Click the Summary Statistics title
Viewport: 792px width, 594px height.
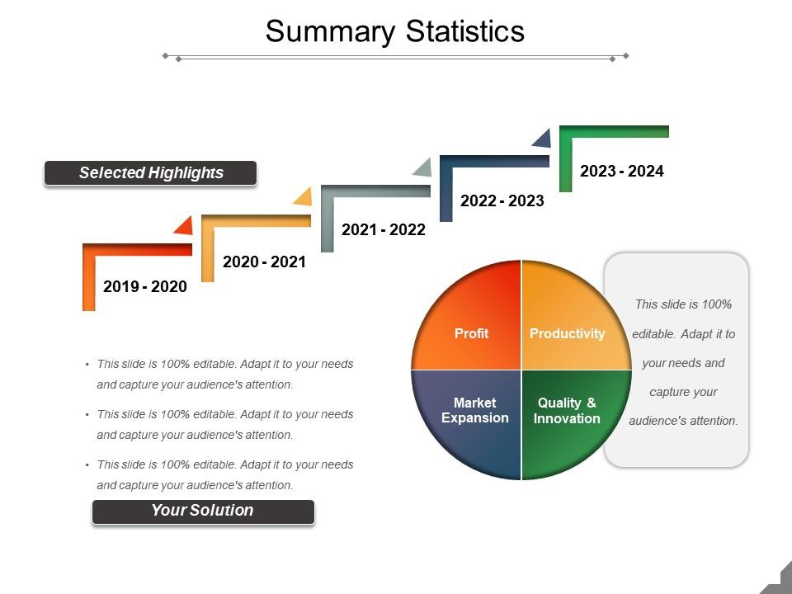coord(395,31)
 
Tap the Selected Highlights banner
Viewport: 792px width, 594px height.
coord(150,172)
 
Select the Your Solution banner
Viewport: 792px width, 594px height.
coord(203,511)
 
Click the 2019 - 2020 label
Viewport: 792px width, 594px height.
coord(145,286)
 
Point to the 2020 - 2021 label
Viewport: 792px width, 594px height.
coord(264,262)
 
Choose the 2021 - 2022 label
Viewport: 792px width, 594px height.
coord(384,230)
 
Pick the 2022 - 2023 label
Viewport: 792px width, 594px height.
coord(502,200)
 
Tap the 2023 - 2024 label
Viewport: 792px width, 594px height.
coord(622,171)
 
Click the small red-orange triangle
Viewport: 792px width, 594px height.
coord(186,228)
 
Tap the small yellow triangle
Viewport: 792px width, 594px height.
coord(304,198)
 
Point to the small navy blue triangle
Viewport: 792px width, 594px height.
coord(543,139)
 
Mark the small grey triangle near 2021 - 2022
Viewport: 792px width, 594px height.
coord(424,168)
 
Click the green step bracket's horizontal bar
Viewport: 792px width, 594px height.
coord(614,131)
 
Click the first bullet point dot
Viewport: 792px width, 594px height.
coord(87,364)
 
